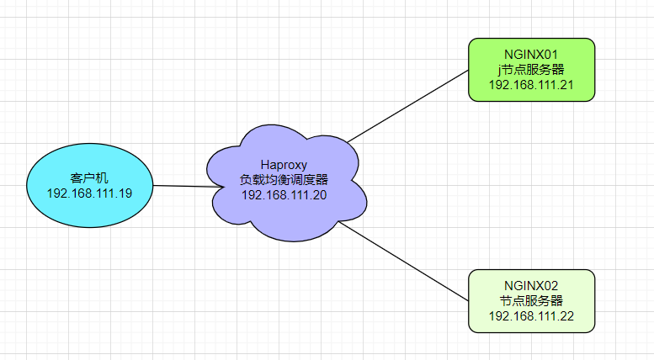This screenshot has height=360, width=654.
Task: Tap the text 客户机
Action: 88,177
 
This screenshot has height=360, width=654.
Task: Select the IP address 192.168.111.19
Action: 88,193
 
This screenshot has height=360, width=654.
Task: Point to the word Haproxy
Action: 284,165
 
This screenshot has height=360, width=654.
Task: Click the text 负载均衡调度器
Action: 284,180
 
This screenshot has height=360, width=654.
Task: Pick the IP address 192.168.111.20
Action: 284,195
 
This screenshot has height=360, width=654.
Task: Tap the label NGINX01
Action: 531,55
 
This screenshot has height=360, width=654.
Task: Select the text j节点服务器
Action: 531,70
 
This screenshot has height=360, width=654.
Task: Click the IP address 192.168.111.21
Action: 531,85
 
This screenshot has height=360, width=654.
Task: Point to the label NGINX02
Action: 531,286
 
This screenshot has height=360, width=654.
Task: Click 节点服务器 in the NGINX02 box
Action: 531,301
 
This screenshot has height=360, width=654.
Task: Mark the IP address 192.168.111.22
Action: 531,316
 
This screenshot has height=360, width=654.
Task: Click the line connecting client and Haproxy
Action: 181,186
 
